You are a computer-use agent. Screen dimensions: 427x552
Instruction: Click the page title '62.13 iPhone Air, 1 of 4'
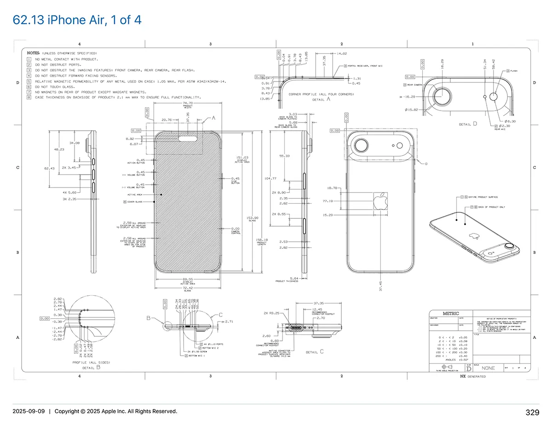77,20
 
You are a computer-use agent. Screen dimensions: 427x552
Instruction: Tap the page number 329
532,412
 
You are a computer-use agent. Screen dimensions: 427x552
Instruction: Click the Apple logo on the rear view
380,201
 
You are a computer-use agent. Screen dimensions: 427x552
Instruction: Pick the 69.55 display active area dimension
187,279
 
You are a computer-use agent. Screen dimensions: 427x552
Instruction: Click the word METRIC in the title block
450,313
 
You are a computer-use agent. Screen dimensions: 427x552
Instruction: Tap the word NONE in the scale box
489,368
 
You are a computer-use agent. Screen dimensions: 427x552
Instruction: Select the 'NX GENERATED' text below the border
473,376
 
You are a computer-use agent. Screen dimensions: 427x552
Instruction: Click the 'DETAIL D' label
468,124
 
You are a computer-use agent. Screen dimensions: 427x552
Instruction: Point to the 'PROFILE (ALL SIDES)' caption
91,363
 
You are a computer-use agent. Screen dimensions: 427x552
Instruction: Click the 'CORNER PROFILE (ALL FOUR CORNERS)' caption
322,94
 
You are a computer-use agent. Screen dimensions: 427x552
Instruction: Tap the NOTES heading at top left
33,53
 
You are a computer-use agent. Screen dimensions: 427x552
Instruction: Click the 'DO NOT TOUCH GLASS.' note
54,87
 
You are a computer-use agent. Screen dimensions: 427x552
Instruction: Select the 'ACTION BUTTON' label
136,163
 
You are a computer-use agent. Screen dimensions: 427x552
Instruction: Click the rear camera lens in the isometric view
510,246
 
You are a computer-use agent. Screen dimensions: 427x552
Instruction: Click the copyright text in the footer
115,411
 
